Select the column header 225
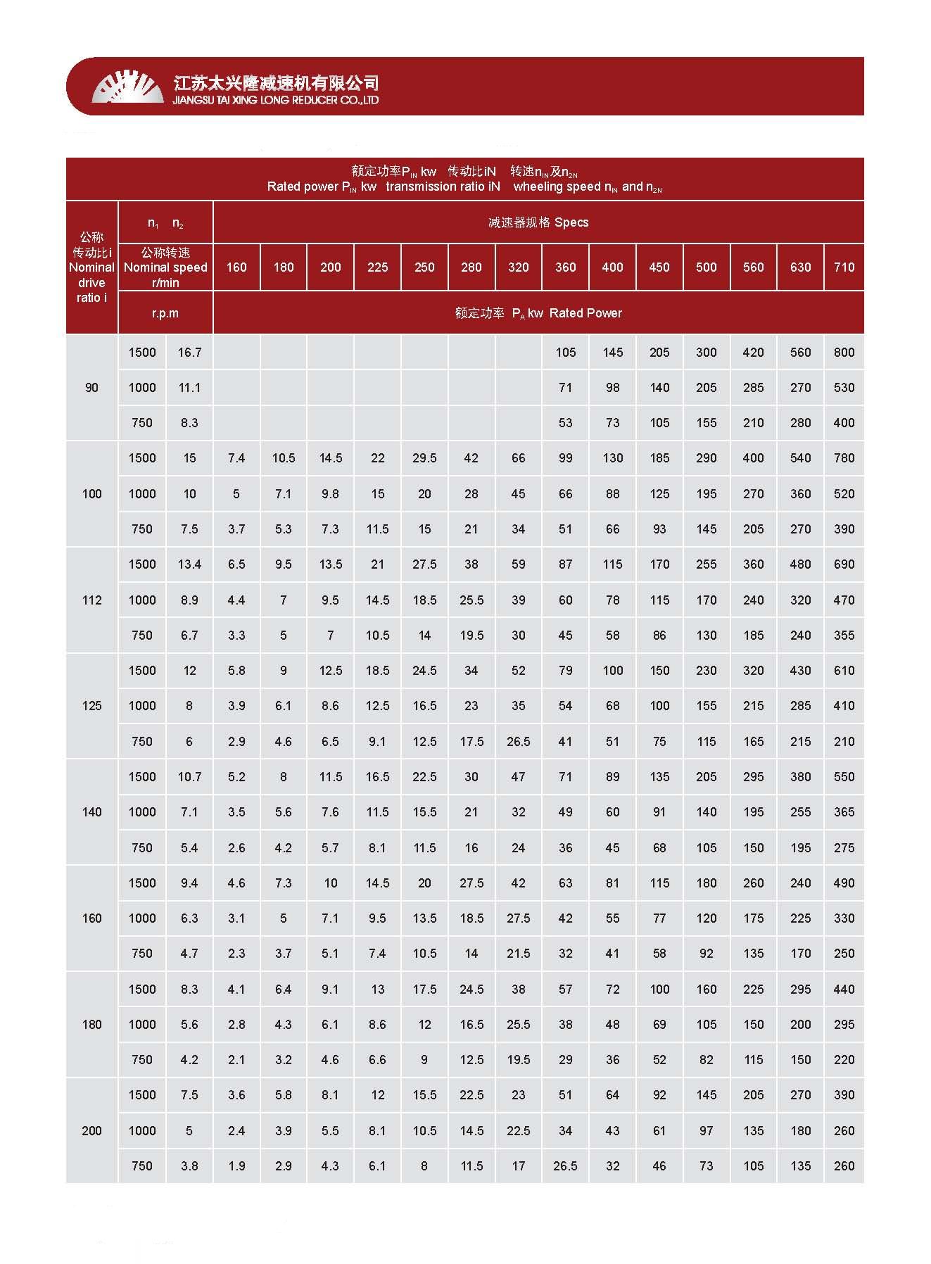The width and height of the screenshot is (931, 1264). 377,267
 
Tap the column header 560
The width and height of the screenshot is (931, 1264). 753,267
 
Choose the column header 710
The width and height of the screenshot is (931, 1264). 844,267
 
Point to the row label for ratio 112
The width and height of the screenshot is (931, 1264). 91,600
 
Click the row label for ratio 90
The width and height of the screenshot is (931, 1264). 91,388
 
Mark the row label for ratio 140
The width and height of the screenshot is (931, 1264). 91,812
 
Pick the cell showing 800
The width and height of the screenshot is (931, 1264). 844,353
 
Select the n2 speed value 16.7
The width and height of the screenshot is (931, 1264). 189,353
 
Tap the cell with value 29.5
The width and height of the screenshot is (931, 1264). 424,458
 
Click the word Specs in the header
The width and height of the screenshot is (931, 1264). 571,222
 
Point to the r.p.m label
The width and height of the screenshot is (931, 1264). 165,313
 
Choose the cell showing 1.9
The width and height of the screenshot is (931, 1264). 236,1166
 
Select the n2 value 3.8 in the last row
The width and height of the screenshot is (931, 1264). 189,1166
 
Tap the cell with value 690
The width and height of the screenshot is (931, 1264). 844,564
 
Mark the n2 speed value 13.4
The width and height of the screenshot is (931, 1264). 189,564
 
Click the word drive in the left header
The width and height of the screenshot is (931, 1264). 91,283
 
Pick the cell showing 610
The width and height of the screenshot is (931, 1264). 844,671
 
